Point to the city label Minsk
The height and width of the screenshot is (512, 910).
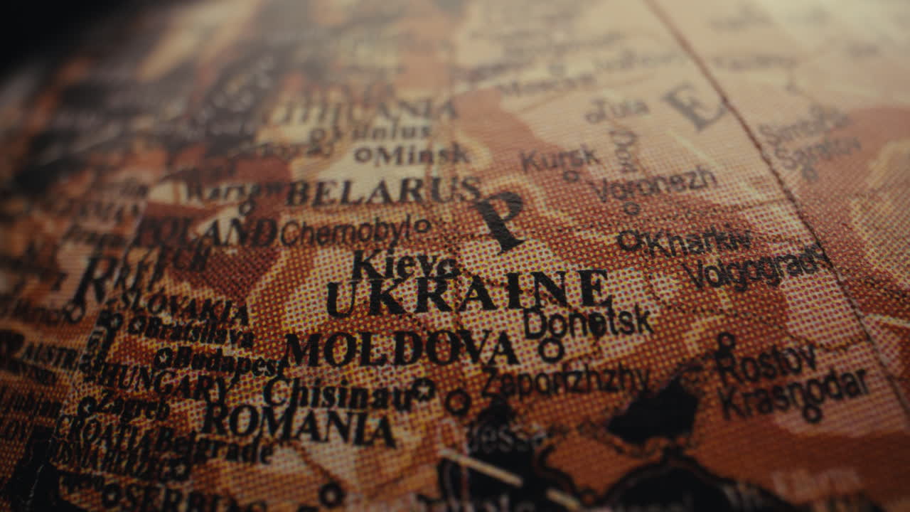422,154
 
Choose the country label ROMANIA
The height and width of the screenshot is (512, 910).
299,424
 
